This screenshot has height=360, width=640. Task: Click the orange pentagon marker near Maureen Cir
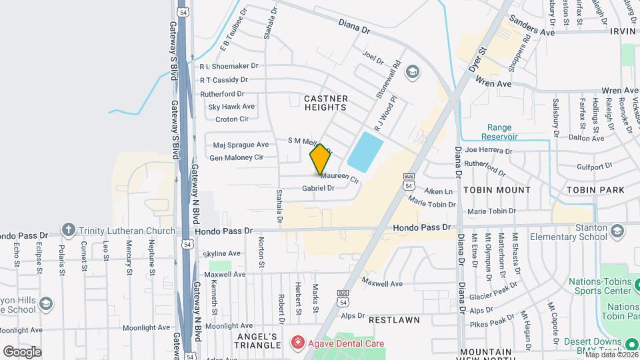321,160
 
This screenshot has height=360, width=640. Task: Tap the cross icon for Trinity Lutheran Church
68,231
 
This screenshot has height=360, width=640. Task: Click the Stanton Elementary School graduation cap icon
617,231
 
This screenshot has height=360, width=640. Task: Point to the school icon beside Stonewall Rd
413,71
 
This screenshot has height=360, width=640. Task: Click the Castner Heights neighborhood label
325,103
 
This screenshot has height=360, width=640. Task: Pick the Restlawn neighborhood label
394,320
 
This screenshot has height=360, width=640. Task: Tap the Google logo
22,351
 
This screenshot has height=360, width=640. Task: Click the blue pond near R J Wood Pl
365,151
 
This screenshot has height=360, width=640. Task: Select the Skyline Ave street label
221,254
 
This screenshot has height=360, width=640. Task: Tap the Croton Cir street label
232,119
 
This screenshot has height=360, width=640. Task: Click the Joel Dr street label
373,57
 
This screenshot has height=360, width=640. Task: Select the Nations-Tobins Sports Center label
599,285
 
